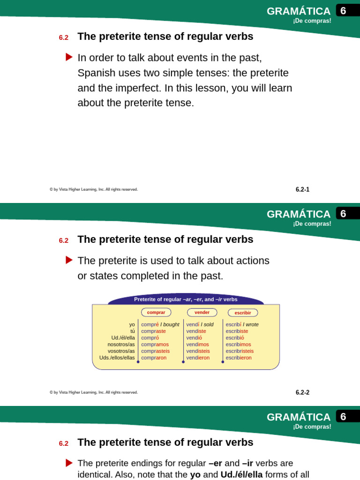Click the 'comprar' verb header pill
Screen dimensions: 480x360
pyautogui.click(x=156, y=312)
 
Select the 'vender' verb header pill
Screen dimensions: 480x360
pyautogui.click(x=202, y=312)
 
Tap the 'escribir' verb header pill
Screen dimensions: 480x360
pyautogui.click(x=243, y=313)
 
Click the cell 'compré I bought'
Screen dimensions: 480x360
pyautogui.click(x=160, y=324)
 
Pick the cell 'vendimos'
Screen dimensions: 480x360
pyautogui.click(x=198, y=344)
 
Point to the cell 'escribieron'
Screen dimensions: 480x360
pyautogui.click(x=239, y=358)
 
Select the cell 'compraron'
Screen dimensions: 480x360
pyautogui.click(x=153, y=358)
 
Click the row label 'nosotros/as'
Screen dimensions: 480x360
pyautogui.click(x=121, y=344)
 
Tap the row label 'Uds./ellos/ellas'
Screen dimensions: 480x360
pyautogui.click(x=117, y=358)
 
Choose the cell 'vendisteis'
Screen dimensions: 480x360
pyautogui.click(x=198, y=351)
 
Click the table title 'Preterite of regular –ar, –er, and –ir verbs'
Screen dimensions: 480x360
pyautogui.click(x=186, y=300)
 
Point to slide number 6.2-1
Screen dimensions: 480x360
pyautogui.click(x=302, y=190)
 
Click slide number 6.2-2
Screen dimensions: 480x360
pyautogui.click(x=302, y=393)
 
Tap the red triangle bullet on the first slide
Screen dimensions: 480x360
pyautogui.click(x=69, y=57)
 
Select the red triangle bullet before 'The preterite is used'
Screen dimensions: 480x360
pyautogui.click(x=69, y=260)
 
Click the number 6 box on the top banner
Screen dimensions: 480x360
pyautogui.click(x=343, y=11)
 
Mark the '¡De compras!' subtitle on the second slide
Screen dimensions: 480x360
pyautogui.click(x=312, y=224)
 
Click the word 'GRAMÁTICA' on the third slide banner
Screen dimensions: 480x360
pyautogui.click(x=299, y=417)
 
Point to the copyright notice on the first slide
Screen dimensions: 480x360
pyautogui.click(x=94, y=189)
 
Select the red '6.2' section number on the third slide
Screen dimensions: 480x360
pyautogui.click(x=64, y=443)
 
